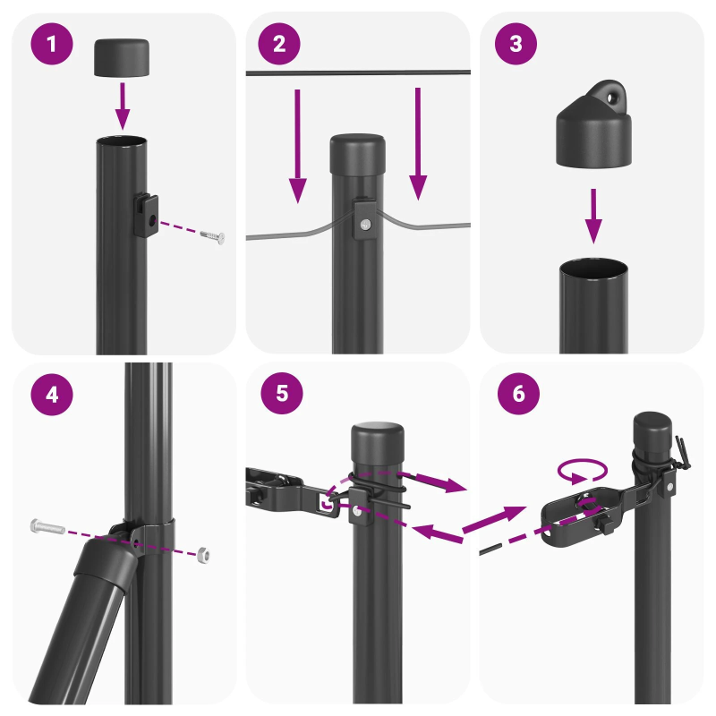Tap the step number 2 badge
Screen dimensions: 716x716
pyautogui.click(x=280, y=45)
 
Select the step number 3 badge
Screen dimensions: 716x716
pyautogui.click(x=514, y=45)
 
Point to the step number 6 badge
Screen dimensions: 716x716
pyautogui.click(x=514, y=395)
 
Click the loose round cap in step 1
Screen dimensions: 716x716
pyautogui.click(x=122, y=56)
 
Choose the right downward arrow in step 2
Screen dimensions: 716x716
pyautogui.click(x=416, y=143)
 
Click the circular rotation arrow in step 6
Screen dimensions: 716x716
pyautogui.click(x=581, y=470)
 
